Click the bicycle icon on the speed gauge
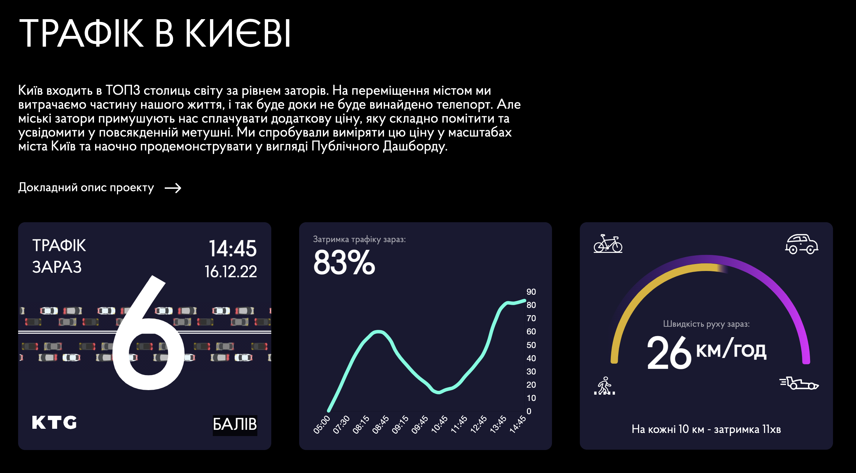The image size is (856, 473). point(608,243)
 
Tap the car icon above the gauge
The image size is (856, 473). point(801,244)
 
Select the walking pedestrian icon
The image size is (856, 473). point(605,386)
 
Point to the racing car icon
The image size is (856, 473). point(799,383)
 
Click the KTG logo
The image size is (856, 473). point(54,422)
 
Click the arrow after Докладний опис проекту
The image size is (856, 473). point(173,188)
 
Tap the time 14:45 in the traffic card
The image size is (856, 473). point(232,248)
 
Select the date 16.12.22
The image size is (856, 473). point(231,271)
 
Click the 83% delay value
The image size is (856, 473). point(344,263)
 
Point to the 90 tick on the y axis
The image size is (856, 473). point(531,292)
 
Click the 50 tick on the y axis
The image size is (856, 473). point(531,345)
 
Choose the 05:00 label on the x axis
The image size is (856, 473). point(321,425)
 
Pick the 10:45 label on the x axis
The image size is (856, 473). point(439,424)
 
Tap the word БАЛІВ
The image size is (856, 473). point(235,425)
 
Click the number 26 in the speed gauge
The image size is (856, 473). point(669,352)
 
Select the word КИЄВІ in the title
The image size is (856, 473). point(238,33)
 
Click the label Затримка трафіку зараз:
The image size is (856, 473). point(359,239)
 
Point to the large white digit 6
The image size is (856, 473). point(148,334)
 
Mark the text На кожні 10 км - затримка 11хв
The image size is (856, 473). point(706,429)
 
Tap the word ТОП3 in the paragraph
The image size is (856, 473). point(123,91)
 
